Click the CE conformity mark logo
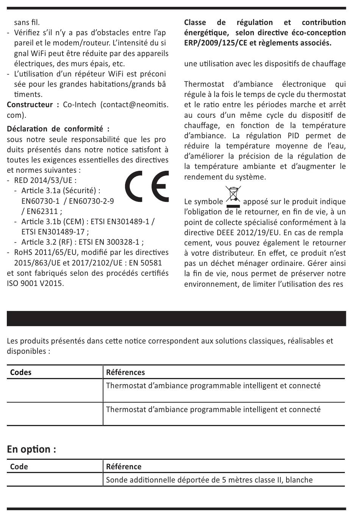[147, 187]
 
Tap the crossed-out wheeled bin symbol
[233, 196]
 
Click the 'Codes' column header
[21, 372]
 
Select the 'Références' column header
[125, 372]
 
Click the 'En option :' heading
[31, 449]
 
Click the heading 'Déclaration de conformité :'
[58, 129]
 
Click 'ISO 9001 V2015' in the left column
[35, 283]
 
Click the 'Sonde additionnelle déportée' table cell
[209, 480]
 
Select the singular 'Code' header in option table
[19, 467]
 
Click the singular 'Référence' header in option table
[124, 467]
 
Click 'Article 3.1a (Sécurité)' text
[61, 191]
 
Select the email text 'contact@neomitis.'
[135, 105]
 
